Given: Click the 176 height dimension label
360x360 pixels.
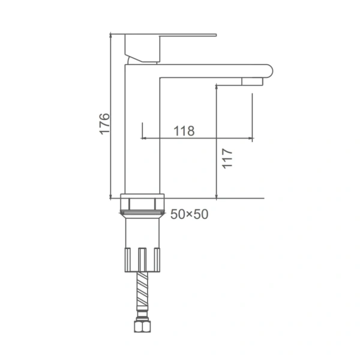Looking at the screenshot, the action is coord(104,124).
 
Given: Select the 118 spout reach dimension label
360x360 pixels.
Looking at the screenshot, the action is coord(184,131).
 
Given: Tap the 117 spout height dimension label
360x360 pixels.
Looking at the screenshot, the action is coord(227,158).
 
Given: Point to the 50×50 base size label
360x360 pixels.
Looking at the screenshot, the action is coord(190,214).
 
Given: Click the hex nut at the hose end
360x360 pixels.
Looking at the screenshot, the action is coord(142,326).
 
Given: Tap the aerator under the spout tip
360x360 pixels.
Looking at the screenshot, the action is coord(252,82).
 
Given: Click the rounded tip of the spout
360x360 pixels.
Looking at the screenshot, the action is coord(269,71).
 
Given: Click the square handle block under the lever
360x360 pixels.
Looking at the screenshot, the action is coord(142,48).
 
